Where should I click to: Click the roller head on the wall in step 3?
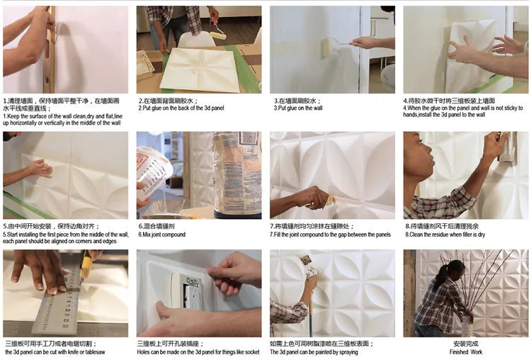328,47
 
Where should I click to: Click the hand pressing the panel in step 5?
40,168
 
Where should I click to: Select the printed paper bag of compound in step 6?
236,174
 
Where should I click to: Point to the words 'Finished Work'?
466,351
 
